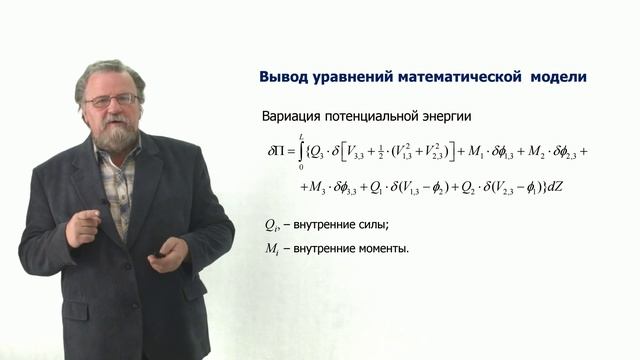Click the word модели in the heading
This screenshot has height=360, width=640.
click(x=559, y=77)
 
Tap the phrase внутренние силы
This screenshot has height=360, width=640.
click(x=331, y=224)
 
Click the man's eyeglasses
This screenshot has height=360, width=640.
click(x=112, y=101)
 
